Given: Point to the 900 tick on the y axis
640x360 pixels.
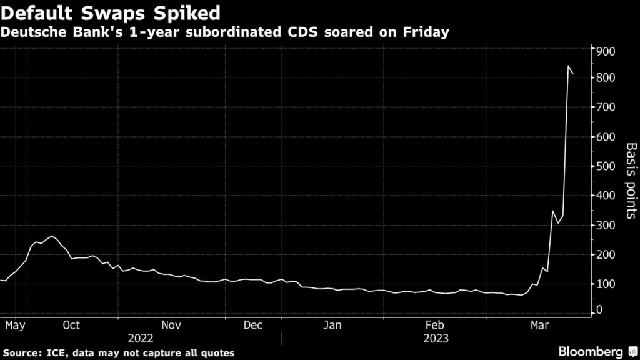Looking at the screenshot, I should pyautogui.click(x=607, y=51).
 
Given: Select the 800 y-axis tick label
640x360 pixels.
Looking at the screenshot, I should pyautogui.click(x=607, y=78).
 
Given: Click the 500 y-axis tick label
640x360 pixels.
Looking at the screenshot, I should pyautogui.click(x=607, y=166).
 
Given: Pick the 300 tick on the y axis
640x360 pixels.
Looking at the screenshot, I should pyautogui.click(x=607, y=225).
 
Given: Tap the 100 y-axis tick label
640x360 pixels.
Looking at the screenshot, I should pyautogui.click(x=607, y=284).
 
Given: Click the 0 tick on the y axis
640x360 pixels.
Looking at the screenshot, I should pyautogui.click(x=600, y=311).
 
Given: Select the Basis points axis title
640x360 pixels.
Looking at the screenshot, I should pyautogui.click(x=631, y=181).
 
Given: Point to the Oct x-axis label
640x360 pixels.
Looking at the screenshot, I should pyautogui.click(x=71, y=325).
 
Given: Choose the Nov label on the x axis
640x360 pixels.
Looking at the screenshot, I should pyautogui.click(x=171, y=325).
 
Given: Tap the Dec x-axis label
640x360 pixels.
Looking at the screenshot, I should pyautogui.click(x=252, y=325).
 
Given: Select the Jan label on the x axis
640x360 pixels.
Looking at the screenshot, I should pyautogui.click(x=332, y=325).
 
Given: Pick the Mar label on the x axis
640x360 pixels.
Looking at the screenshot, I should pyautogui.click(x=539, y=325).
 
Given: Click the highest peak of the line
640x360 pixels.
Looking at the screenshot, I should pyautogui.click(x=569, y=66).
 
